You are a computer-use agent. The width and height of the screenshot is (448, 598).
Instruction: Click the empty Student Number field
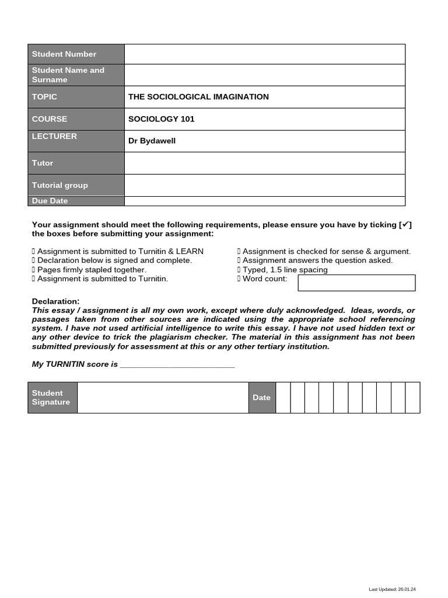(264, 54)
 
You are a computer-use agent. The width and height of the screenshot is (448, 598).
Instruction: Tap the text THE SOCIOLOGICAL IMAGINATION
(198, 97)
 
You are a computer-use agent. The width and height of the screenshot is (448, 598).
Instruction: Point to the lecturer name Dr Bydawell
(152, 141)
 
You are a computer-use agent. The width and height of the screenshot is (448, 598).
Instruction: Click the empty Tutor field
(264, 163)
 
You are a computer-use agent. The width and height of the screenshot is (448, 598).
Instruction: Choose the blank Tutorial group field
(264, 185)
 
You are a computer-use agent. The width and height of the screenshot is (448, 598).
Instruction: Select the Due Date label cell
(76, 201)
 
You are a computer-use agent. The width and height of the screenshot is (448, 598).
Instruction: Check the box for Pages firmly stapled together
(34, 270)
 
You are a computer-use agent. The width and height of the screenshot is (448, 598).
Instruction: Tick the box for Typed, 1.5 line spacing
(239, 270)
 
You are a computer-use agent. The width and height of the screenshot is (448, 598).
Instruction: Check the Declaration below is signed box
(34, 260)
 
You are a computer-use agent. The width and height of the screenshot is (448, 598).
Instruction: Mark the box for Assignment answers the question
(239, 260)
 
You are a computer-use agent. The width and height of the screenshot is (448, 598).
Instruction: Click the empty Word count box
(356, 283)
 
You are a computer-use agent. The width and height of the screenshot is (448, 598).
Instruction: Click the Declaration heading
(55, 301)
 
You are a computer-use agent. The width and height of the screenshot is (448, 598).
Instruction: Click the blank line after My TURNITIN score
(177, 364)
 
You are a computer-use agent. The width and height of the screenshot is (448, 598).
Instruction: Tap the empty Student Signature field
(163, 398)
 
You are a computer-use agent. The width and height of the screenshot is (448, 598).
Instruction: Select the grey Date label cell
(262, 398)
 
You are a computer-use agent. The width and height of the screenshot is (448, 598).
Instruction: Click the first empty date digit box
(283, 398)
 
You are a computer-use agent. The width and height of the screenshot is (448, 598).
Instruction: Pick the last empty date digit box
(412, 398)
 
